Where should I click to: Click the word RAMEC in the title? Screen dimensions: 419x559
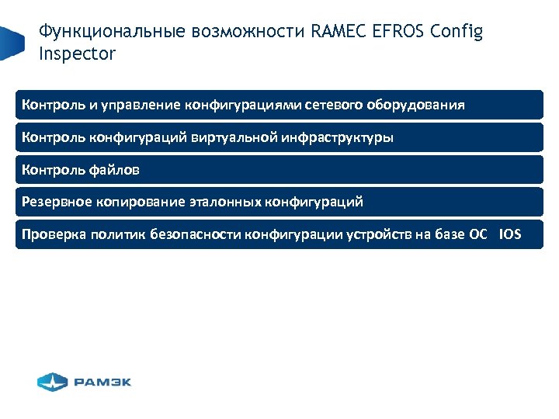point(336,33)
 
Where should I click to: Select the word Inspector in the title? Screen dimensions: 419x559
point(77,54)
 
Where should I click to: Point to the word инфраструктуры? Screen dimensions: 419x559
point(344,138)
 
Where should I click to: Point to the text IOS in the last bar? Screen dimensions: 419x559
point(511,234)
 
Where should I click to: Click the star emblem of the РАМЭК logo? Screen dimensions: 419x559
point(53,382)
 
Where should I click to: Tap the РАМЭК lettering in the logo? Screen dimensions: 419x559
point(102,382)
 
